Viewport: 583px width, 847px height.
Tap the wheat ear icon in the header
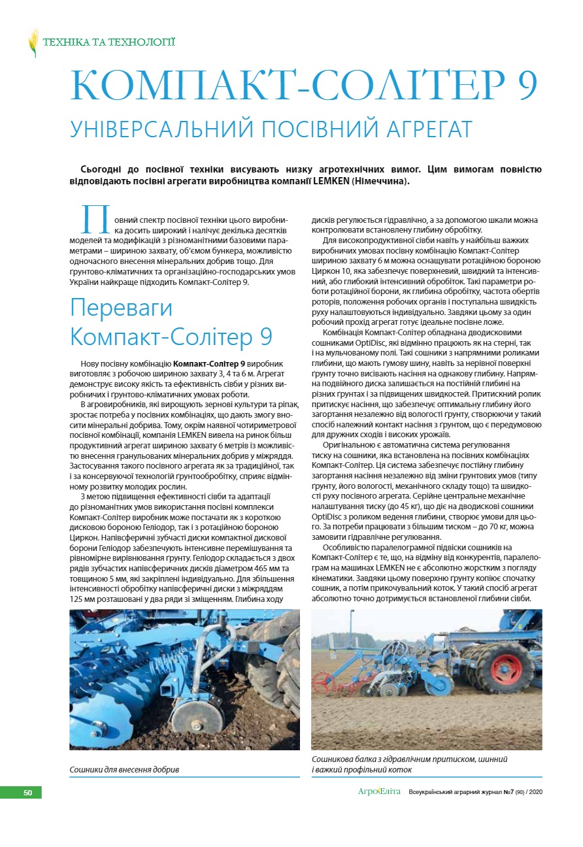point(33,42)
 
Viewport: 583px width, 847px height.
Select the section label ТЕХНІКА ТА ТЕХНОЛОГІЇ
point(108,43)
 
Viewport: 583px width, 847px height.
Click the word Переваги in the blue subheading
point(121,308)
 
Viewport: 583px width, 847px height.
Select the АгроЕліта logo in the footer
point(379,792)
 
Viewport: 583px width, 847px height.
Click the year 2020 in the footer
point(535,792)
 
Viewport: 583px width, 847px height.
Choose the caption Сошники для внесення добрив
point(124,770)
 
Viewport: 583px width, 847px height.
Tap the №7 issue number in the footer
point(507,792)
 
